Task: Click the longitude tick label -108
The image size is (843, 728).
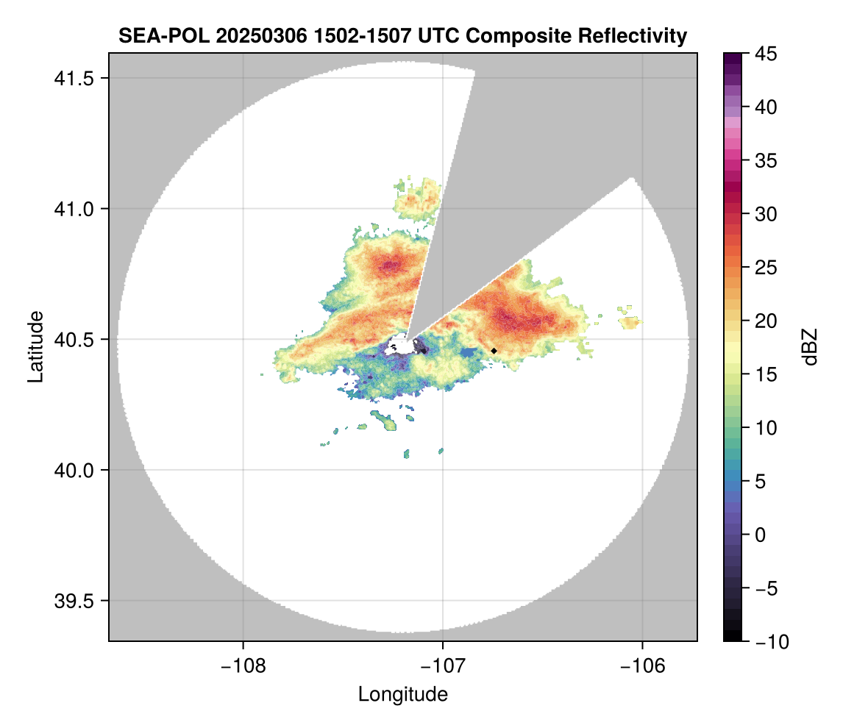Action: coord(242,665)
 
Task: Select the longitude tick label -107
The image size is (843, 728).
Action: coord(443,665)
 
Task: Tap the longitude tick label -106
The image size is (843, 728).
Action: coord(643,665)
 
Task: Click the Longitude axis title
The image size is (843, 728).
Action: coord(402,694)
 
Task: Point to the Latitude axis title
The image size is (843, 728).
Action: coord(35,346)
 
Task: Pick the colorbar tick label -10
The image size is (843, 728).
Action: coord(768,642)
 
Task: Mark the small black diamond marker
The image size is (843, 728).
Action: coord(494,351)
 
